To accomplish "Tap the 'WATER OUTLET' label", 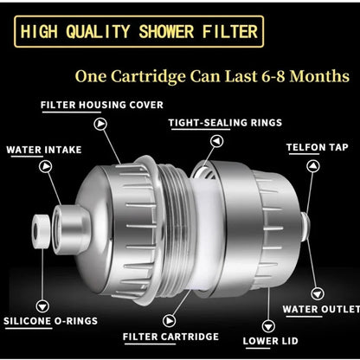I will tap(321, 309).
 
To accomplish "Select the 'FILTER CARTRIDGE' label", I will tap(170, 336).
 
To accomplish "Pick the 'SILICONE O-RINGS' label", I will tap(48, 321).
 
